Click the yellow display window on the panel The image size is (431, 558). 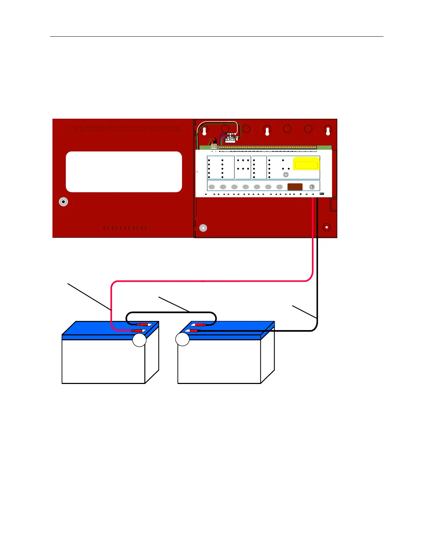click(306, 164)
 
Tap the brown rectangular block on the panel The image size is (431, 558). click(295, 187)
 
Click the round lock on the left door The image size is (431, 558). click(63, 202)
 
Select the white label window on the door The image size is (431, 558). click(124, 172)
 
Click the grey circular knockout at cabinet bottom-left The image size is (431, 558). click(203, 228)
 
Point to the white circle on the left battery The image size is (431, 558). click(139, 340)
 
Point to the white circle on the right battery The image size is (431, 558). click(182, 339)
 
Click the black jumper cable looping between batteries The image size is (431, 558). click(171, 312)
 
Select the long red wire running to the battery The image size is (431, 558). click(211, 281)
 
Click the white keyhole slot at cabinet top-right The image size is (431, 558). click(328, 131)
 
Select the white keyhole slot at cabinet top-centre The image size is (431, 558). click(267, 131)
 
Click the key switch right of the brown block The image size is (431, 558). click(312, 187)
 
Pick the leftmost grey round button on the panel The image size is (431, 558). click(212, 187)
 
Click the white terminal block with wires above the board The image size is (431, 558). click(231, 137)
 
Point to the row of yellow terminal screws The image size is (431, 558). click(268, 148)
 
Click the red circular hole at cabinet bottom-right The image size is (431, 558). click(327, 227)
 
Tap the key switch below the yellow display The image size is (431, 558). click(286, 175)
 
